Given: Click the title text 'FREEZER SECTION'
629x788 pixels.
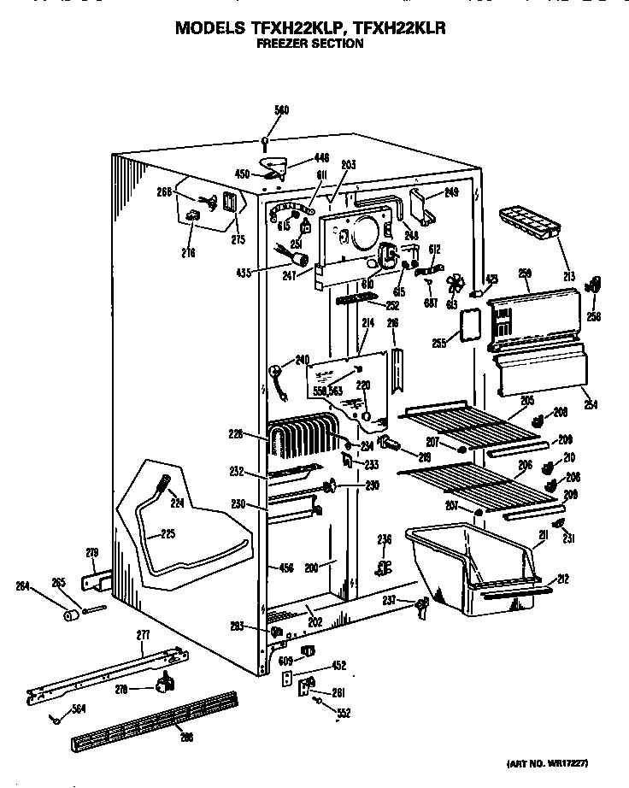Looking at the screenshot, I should click(x=310, y=43).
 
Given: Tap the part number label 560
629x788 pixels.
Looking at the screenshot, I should click(x=281, y=110).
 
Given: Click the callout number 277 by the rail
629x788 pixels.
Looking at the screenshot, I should click(x=142, y=635).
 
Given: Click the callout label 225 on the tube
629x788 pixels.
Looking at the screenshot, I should click(x=168, y=536).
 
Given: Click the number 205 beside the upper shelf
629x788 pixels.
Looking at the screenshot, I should click(x=526, y=399).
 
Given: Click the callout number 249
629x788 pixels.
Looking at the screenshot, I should click(x=452, y=193).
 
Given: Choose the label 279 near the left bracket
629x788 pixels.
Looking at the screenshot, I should click(x=92, y=551).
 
